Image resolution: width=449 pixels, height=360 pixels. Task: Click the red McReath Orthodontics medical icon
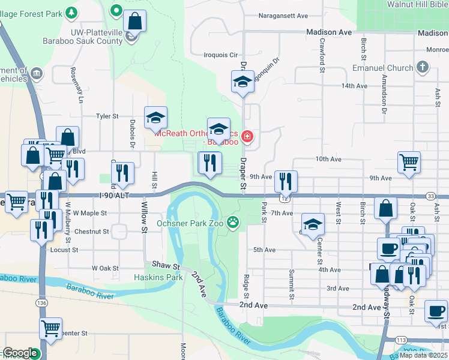(246, 138)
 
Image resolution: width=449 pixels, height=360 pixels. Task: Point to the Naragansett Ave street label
(283, 16)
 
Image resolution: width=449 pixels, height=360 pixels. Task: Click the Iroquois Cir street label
(221, 55)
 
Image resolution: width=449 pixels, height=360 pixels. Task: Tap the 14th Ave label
(354, 86)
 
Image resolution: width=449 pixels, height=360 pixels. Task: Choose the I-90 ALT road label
(113, 195)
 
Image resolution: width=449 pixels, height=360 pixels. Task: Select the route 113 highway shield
(401, 340)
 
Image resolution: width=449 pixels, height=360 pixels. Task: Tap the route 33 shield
(430, 196)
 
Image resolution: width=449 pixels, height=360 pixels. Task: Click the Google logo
(20, 353)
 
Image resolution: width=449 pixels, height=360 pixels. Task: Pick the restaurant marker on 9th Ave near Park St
(285, 181)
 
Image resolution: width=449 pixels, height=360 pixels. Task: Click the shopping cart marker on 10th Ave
(409, 161)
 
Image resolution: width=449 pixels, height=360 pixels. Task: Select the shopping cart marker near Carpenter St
(51, 328)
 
